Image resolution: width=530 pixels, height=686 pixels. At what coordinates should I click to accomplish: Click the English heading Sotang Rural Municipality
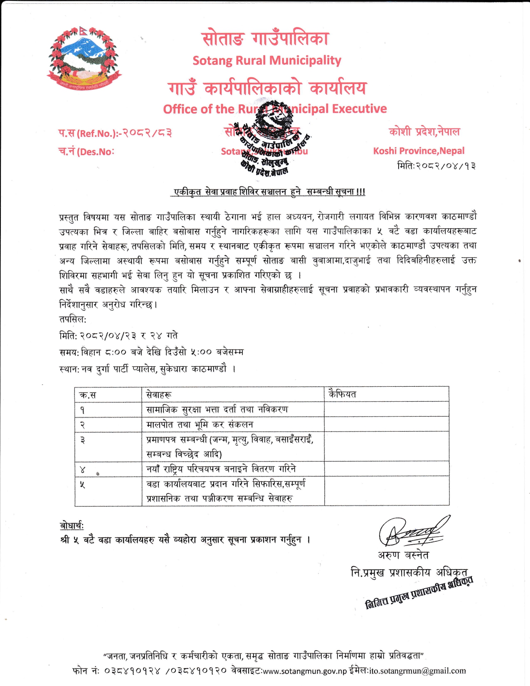tap(266, 61)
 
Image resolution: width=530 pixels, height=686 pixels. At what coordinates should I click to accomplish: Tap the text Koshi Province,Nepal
tap(419, 151)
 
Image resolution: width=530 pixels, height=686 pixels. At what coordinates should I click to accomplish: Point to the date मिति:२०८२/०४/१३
tap(436, 166)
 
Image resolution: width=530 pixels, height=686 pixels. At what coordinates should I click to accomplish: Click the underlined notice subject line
tap(269, 192)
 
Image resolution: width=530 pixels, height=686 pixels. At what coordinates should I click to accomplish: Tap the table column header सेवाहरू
tap(159, 395)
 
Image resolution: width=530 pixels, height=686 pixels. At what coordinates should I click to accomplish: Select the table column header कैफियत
tap(342, 394)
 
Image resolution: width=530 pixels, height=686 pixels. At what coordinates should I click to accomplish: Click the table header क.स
tap(88, 395)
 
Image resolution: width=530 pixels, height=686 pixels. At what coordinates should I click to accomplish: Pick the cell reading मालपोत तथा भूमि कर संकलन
tap(200, 424)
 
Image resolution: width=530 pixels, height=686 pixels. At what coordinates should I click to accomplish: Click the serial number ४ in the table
tap(82, 470)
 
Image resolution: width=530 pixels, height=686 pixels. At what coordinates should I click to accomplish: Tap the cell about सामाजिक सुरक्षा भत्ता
tap(217, 410)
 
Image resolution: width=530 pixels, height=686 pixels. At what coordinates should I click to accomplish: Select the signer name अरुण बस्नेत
tap(403, 555)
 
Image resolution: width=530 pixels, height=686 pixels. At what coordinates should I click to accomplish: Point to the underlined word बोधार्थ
tap(72, 526)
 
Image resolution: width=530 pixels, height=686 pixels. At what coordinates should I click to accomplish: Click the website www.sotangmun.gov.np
tap(305, 671)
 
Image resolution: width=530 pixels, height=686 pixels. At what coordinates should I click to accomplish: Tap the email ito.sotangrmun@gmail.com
tap(417, 671)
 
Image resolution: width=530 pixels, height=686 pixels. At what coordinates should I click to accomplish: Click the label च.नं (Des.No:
tap(86, 152)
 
